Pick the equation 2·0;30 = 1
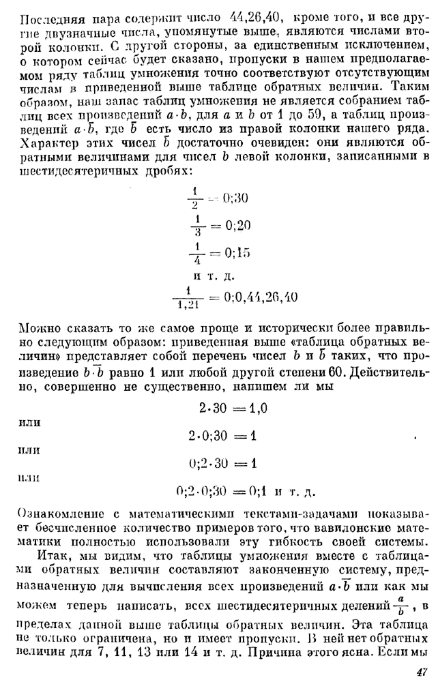pyautogui.click(x=219, y=435)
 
